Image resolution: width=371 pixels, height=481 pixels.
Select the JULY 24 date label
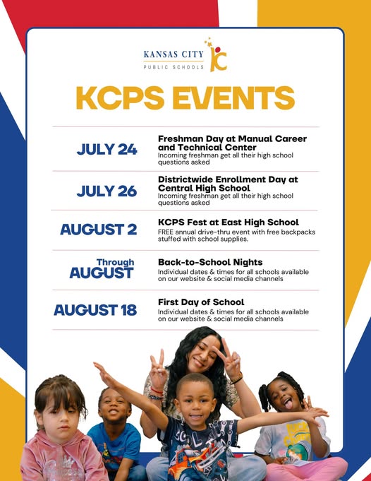coord(107,149)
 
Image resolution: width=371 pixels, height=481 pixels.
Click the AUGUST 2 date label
coord(99,230)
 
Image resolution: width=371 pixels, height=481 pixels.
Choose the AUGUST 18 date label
coord(95,310)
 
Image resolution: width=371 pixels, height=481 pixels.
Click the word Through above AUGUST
coord(115,262)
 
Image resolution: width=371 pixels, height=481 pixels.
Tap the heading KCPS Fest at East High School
coord(228,222)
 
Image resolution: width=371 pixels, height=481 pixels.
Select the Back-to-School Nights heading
coord(210,262)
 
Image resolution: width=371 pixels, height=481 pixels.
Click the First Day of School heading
coord(201,302)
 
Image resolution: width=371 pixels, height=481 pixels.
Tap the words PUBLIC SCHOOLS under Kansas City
coord(174,67)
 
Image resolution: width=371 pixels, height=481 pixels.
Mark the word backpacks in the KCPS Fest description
coord(298,232)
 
